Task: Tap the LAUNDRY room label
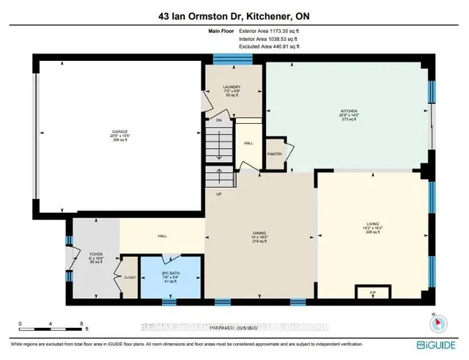point(232,87)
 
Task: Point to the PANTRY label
point(275,154)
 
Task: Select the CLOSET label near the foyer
point(130,278)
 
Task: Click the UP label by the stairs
point(218,195)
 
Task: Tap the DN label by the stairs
point(218,120)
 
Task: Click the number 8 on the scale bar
point(81,323)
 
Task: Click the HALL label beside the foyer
point(163,236)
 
